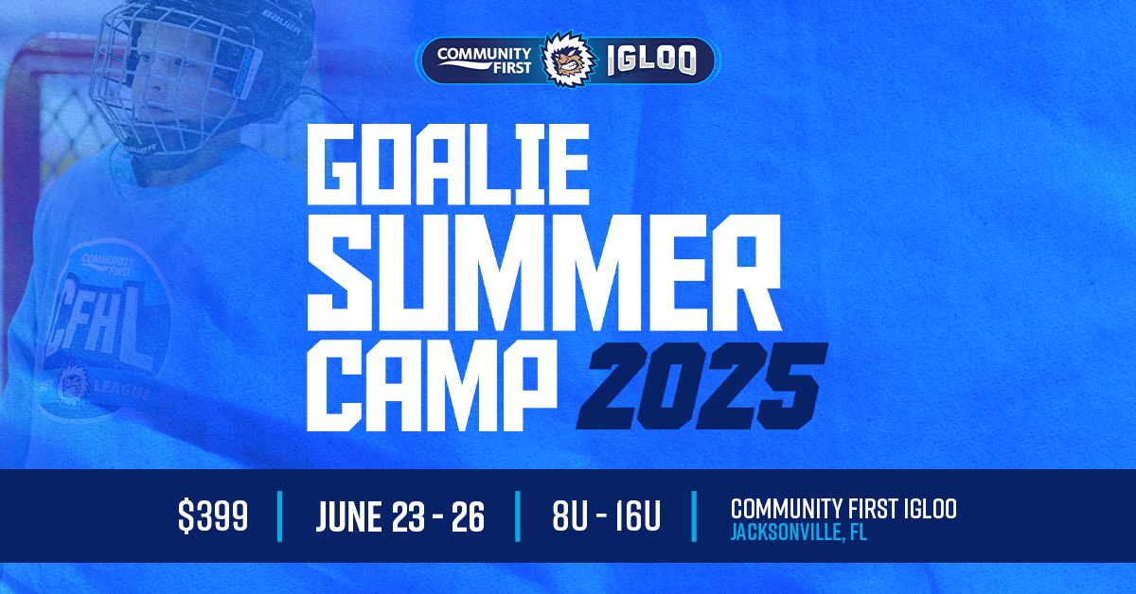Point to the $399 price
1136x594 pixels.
(x=213, y=516)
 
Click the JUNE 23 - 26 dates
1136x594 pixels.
(x=399, y=516)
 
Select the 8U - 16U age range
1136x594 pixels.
(x=606, y=516)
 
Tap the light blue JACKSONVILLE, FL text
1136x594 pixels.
(x=798, y=533)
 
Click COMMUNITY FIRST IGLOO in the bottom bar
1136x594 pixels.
(x=843, y=508)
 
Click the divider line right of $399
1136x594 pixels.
(x=280, y=516)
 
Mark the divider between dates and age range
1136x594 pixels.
(x=518, y=516)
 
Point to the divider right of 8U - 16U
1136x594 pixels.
(x=696, y=516)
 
